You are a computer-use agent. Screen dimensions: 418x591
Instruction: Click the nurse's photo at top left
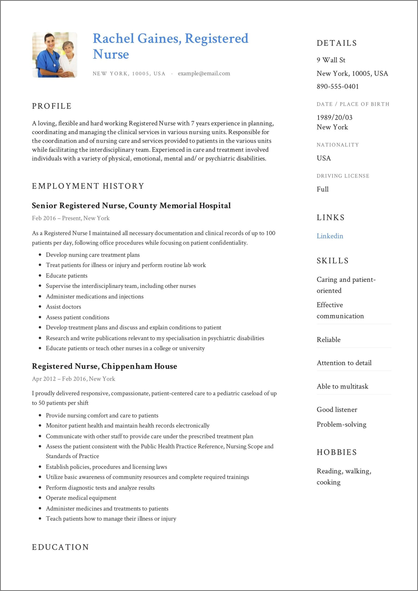coord(54,55)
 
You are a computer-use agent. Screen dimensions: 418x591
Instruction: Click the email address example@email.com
coord(204,73)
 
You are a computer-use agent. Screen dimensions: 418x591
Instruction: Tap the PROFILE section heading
coord(52,106)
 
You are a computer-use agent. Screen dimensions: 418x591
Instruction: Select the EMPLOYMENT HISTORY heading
coord(88,186)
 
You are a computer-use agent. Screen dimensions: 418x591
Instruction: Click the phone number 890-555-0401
coord(338,87)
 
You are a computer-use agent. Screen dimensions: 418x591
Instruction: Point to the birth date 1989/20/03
coord(334,117)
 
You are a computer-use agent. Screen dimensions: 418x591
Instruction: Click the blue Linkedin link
coord(330,236)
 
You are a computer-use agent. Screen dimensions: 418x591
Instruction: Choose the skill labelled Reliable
coord(328,340)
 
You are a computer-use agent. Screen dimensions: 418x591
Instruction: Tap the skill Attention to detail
coord(344,363)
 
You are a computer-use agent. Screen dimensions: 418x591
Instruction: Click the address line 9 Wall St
coord(331,60)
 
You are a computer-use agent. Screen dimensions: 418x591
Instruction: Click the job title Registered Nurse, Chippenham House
coord(104,366)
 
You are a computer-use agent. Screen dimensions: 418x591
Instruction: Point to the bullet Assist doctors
coord(63,307)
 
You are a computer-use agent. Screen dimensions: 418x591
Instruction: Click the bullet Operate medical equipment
coord(81,498)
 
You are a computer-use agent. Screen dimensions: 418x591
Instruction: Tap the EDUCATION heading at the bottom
coord(60,547)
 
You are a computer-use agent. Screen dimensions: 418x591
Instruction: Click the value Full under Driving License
coord(322,189)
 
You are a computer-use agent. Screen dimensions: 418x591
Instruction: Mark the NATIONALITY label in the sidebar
coord(337,145)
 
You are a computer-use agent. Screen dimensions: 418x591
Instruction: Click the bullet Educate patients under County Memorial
coord(66,276)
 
